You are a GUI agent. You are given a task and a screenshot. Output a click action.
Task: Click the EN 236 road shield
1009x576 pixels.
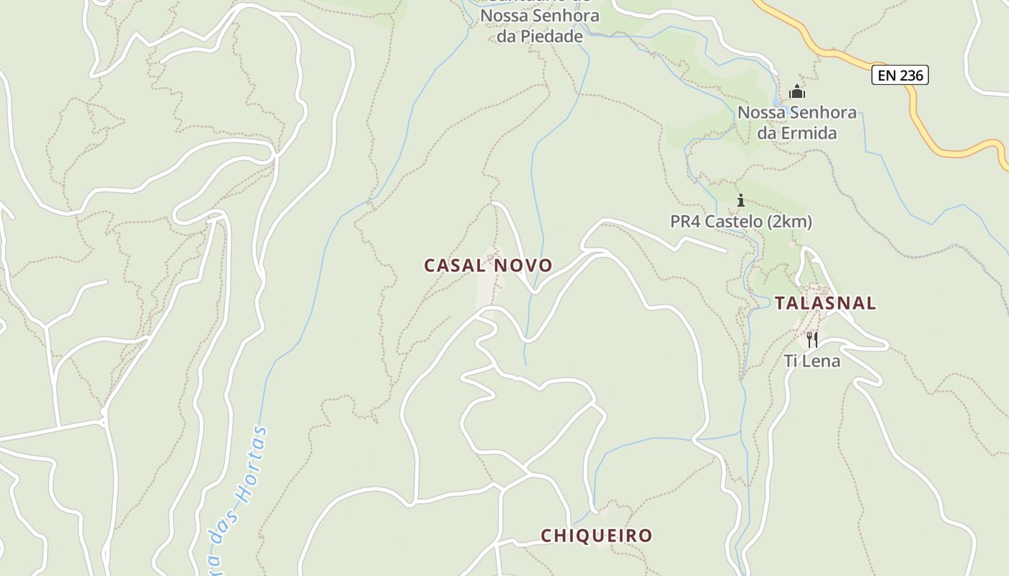[899, 75]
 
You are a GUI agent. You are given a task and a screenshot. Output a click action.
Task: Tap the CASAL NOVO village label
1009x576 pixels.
[488, 266]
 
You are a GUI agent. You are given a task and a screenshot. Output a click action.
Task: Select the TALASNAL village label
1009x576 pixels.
[825, 303]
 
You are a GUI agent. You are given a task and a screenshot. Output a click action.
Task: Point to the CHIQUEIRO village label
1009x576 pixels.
[596, 536]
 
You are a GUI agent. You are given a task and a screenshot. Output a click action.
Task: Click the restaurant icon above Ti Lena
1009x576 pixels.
[812, 339]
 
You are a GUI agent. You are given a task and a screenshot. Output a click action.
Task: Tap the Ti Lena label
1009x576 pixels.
[812, 361]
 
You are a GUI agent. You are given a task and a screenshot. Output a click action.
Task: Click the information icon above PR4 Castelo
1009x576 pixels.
[740, 200]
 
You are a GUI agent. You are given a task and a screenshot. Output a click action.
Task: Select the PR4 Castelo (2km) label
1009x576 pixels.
[741, 222]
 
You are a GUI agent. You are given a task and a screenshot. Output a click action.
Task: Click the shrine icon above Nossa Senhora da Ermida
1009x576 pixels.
[796, 91]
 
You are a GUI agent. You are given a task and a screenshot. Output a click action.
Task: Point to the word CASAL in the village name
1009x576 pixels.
[455, 266]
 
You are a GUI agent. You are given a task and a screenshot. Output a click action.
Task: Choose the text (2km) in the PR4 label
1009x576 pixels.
[789, 222]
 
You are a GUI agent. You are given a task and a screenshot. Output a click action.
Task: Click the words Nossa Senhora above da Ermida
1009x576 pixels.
[796, 113]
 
